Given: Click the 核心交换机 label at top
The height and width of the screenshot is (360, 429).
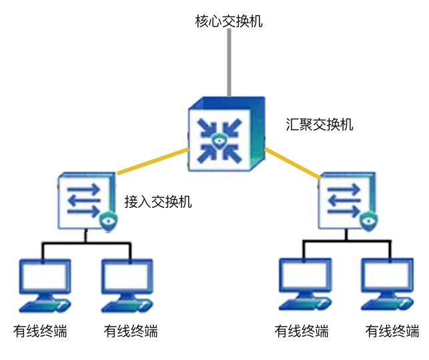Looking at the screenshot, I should (229, 21).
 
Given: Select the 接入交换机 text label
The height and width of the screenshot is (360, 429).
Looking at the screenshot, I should (158, 201).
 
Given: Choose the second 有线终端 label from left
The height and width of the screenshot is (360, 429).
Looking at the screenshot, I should (131, 331).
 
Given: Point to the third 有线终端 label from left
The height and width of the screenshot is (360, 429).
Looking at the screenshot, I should (302, 331).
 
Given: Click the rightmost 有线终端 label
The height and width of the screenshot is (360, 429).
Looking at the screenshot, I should (392, 331).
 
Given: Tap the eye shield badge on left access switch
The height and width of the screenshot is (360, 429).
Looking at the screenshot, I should (107, 222).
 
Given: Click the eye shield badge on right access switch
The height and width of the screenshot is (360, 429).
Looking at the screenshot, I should (367, 222).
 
